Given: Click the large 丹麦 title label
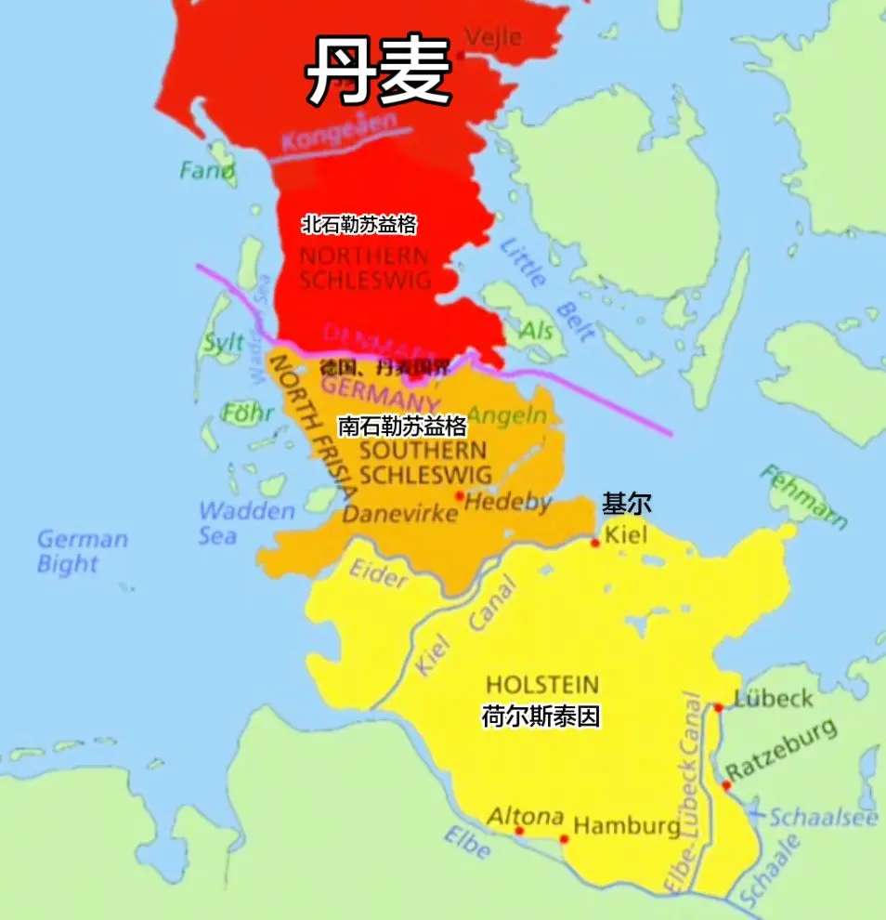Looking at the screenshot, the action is click(379, 72).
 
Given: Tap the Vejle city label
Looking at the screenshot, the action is click(493, 38).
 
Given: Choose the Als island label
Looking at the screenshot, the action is click(536, 331).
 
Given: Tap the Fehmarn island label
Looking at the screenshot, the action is click(803, 497).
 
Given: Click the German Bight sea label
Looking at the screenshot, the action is click(82, 551).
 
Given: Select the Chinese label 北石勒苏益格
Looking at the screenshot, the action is click(358, 224).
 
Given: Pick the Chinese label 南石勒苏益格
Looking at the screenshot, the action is click(402, 427).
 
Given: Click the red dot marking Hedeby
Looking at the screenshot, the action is click(459, 496).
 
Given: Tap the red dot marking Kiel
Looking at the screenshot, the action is click(595, 543).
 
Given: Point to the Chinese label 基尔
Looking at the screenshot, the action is click(627, 505).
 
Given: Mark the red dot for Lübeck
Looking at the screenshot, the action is click(718, 708).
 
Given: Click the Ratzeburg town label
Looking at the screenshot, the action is click(781, 752).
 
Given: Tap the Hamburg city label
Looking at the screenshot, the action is click(627, 826).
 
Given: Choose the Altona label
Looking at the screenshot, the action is click(526, 816).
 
